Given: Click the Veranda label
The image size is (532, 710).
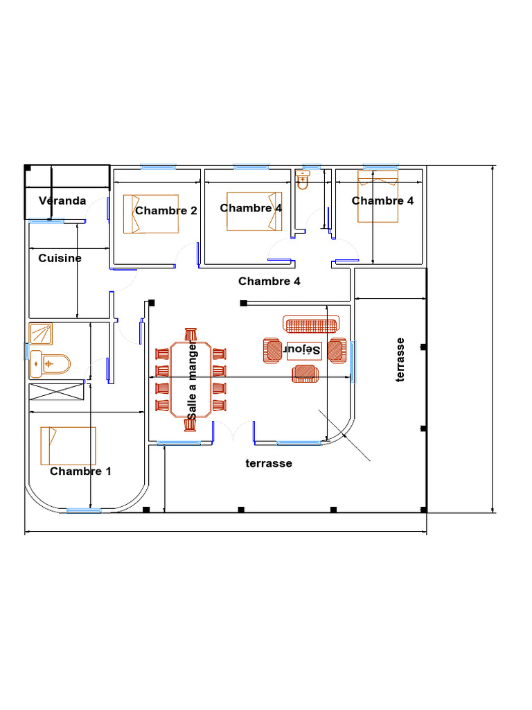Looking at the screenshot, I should tap(62, 201).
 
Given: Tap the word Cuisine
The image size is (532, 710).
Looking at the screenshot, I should tap(60, 258).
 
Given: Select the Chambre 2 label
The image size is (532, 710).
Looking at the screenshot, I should tap(166, 211).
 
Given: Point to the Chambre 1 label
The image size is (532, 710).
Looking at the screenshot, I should tap(80, 471).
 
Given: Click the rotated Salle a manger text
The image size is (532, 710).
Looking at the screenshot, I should tap(192, 380).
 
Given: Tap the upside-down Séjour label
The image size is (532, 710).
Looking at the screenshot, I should tap(304, 350).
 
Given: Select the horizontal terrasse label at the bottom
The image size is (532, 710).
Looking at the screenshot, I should tap(269, 463).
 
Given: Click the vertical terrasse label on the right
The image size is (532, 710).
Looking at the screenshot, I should tap(400, 359).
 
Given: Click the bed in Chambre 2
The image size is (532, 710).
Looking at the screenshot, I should tap(150, 214).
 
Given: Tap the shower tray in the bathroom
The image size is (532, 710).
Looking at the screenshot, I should tap(44, 334).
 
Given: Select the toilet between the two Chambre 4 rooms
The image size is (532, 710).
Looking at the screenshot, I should tap(302, 182).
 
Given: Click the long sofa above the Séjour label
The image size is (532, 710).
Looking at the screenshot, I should tap(311, 324).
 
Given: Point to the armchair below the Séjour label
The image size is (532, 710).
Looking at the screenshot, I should tap(305, 374).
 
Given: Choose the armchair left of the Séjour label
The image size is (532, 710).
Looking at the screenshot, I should tap(272, 351).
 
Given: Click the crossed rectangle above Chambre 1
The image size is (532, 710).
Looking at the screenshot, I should tap(56, 392).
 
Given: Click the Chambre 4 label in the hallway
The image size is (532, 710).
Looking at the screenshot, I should tap(269, 282).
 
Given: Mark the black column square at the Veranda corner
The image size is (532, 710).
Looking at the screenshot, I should tap(27, 168).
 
